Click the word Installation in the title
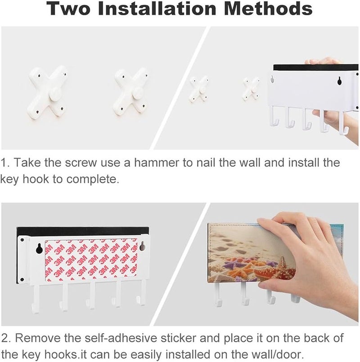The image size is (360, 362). pos(157,8)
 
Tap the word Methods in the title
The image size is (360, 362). pos(268,8)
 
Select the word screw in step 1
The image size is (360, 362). pos(81,163)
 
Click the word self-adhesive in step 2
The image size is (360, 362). pos(121,338)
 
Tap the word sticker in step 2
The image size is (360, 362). pos(178,338)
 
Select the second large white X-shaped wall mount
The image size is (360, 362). pos(130,93)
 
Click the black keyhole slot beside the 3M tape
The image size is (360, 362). pos(39,249)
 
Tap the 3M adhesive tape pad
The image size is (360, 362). pos(91,260)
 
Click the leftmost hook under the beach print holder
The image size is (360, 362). pos(218,294)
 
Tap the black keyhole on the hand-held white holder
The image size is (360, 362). pos(339,80)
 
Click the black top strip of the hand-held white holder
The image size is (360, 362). pos(316,68)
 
